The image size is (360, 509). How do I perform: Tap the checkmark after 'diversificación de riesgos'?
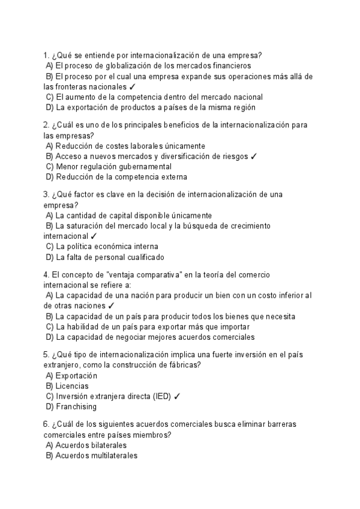click(x=254, y=156)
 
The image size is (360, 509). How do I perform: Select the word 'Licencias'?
click(x=72, y=386)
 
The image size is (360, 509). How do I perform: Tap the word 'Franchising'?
click(x=77, y=406)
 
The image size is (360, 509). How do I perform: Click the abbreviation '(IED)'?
click(x=161, y=396)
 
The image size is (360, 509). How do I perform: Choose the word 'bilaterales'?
click(x=106, y=445)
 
